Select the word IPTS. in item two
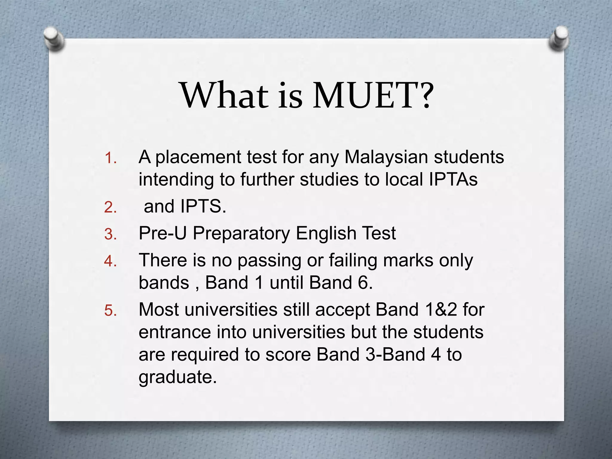(x=203, y=206)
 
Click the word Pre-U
(x=163, y=233)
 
